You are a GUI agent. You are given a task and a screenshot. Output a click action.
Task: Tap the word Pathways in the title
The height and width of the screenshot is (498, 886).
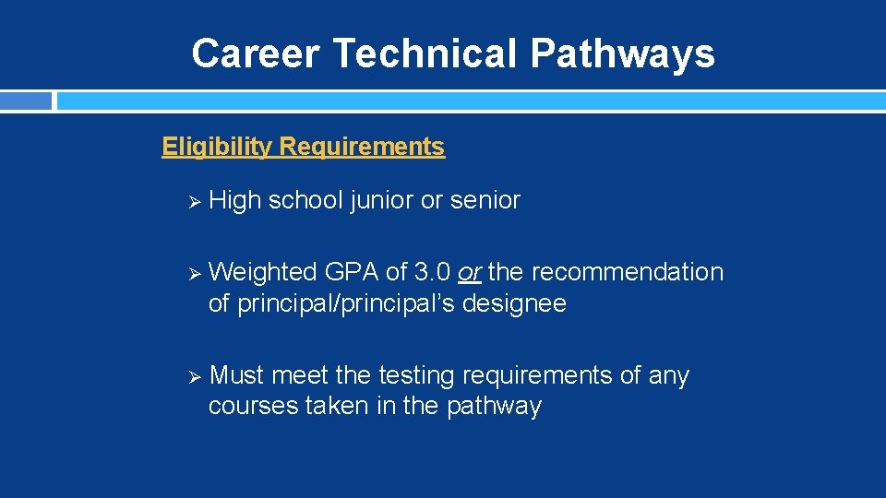tap(622, 53)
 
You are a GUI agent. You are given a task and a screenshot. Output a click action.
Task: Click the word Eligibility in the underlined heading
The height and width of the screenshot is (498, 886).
tap(217, 147)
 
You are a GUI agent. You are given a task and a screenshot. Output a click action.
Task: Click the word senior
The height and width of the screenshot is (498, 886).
tap(485, 200)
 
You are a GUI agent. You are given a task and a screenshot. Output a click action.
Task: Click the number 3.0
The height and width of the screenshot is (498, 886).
tap(434, 272)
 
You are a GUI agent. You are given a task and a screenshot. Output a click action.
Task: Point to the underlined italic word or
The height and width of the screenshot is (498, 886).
tap(470, 273)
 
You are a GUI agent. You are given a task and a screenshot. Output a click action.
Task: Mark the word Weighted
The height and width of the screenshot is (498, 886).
tap(263, 272)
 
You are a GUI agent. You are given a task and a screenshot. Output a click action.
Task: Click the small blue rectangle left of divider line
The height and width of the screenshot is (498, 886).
tap(26, 101)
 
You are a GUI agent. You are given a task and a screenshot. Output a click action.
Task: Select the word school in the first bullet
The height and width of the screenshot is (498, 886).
tap(306, 200)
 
